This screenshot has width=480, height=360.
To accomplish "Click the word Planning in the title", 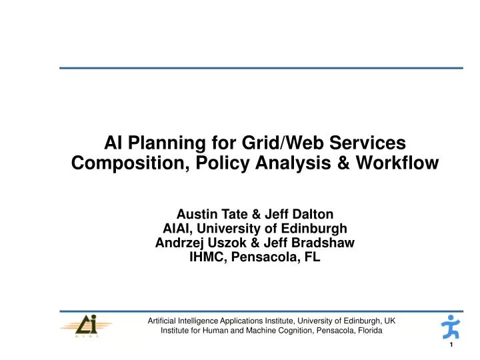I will (x=163, y=143).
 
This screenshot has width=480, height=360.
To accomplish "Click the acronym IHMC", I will (x=207, y=257).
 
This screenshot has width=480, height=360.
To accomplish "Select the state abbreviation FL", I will (x=313, y=257).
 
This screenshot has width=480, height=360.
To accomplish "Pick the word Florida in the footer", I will (x=367, y=331).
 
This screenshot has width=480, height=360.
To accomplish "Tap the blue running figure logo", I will (x=451, y=327).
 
